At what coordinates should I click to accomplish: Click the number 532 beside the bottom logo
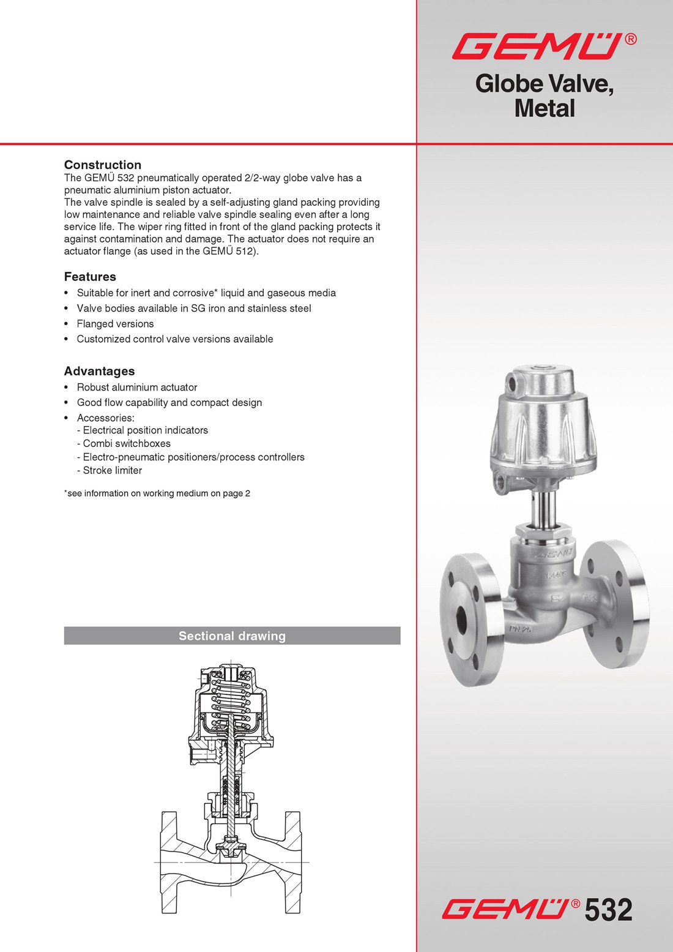pyautogui.click(x=608, y=910)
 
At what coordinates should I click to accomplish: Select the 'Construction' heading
pyautogui.click(x=103, y=165)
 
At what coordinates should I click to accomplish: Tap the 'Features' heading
pyautogui.click(x=90, y=277)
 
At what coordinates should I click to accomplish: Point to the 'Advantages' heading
pyautogui.click(x=99, y=371)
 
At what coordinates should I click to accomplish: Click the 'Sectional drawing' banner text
pyautogui.click(x=232, y=636)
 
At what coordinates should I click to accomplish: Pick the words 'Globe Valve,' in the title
pyautogui.click(x=544, y=84)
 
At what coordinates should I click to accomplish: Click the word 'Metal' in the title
pyautogui.click(x=545, y=109)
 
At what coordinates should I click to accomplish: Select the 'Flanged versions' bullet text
pyautogui.click(x=115, y=324)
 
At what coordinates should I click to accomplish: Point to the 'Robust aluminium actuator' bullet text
pyautogui.click(x=137, y=388)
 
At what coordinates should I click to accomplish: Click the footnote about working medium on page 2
pyautogui.click(x=158, y=493)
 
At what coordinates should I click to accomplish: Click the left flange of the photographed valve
pyautogui.click(x=465, y=620)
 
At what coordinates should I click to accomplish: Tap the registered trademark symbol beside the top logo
pyautogui.click(x=631, y=39)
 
